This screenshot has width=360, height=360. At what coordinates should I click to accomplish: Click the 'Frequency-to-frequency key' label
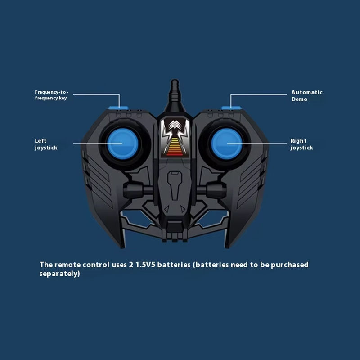pyautogui.click(x=51, y=95)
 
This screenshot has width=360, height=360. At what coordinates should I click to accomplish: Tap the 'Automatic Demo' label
pyautogui.click(x=306, y=95)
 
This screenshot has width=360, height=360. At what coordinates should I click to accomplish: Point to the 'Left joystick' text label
pyautogui.click(x=46, y=144)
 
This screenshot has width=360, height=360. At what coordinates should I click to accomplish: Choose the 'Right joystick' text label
pyautogui.click(x=301, y=144)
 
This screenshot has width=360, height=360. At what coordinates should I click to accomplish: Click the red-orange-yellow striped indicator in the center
pyautogui.click(x=175, y=146)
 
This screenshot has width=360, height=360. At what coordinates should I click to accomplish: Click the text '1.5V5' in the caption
pyautogui.click(x=145, y=265)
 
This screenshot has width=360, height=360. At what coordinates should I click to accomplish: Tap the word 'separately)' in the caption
pyautogui.click(x=59, y=274)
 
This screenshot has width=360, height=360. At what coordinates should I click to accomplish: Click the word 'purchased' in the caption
pyautogui.click(x=290, y=265)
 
